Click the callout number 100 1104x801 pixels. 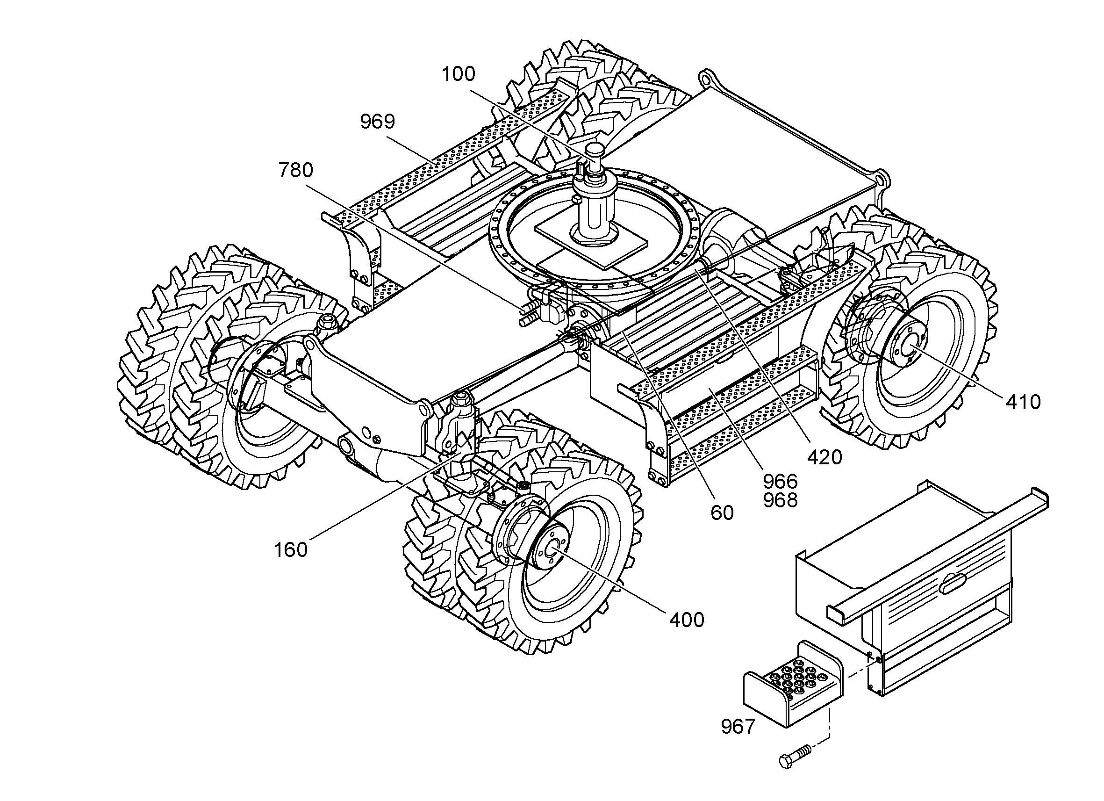[458, 74]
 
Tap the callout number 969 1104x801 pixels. [377, 121]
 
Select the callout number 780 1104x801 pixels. [295, 170]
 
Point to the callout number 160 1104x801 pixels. [291, 550]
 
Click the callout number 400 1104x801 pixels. [687, 620]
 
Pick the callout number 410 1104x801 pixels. [1023, 402]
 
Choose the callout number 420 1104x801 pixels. [824, 457]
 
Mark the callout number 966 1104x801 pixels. [780, 482]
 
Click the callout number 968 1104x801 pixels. [780, 500]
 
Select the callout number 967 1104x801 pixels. [738, 727]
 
